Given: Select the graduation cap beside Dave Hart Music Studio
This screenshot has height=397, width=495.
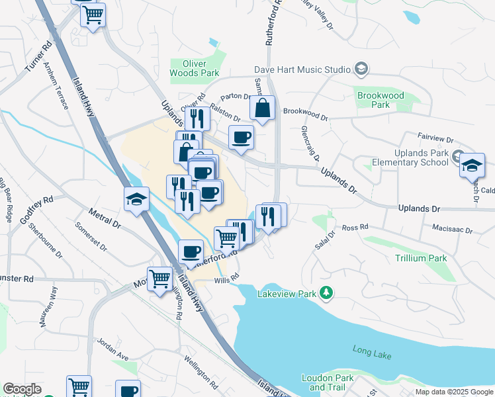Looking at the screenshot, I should (361, 68).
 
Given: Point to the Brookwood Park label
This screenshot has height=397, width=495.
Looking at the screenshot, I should (381, 100).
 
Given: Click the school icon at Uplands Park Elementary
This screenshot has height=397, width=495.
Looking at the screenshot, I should (472, 165).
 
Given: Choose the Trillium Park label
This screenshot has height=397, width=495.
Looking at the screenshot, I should (420, 258).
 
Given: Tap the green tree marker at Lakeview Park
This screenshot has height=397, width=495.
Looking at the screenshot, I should (326, 292).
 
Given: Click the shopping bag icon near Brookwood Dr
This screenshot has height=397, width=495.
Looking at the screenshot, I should (262, 109).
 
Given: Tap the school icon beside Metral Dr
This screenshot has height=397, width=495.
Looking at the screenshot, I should (136, 199).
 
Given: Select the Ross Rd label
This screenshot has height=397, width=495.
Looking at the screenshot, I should (355, 228).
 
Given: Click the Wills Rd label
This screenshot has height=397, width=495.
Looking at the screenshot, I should (226, 281).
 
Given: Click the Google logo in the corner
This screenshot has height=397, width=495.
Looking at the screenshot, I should (22, 389).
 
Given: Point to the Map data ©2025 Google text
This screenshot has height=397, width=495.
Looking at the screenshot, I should (453, 392).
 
